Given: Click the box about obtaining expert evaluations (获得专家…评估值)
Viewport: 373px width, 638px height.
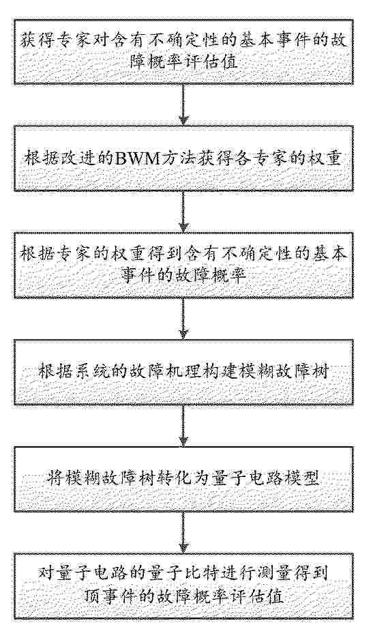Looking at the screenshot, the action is pyautogui.click(x=184, y=51).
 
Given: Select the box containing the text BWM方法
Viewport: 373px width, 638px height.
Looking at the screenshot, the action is pyautogui.click(x=184, y=159).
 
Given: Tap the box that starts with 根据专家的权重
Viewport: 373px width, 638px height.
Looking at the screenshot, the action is pyautogui.click(x=184, y=265).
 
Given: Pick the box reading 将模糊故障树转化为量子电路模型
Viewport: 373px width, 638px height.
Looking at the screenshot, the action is pyautogui.click(x=184, y=479).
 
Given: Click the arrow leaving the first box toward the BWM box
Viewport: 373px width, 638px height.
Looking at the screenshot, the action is pyautogui.click(x=184, y=105).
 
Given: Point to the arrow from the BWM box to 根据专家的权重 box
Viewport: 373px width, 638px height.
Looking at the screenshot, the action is pyautogui.click(x=184, y=212).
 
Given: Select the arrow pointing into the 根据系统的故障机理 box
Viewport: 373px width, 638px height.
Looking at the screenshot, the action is pyautogui.click(x=184, y=319).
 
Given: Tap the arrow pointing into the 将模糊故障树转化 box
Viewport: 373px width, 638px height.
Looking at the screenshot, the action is pyautogui.click(x=184, y=426).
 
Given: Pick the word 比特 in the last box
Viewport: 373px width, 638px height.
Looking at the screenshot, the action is pyautogui.click(x=199, y=574).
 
